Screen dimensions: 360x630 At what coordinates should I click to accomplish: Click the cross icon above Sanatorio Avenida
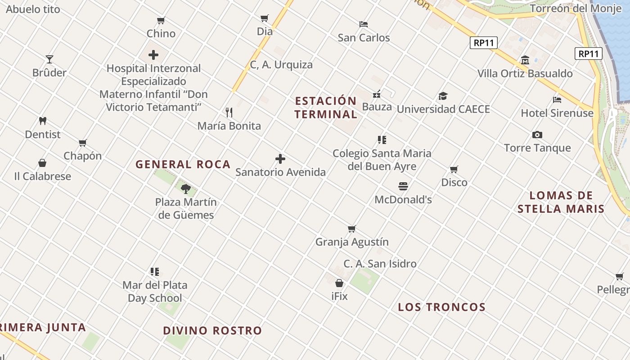[x=280, y=159]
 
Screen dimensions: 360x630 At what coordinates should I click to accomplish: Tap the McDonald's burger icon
[x=403, y=186]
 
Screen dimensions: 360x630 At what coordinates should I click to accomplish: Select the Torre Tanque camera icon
[x=537, y=135]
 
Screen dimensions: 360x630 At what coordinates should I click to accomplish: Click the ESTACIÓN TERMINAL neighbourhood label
[x=326, y=107]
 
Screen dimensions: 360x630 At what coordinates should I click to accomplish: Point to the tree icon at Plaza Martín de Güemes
[x=185, y=189]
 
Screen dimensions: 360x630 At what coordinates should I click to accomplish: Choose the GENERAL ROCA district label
[x=183, y=164]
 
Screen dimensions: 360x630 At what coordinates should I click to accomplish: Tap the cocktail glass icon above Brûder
[x=49, y=59]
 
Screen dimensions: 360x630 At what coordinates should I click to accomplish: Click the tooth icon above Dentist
[x=43, y=121]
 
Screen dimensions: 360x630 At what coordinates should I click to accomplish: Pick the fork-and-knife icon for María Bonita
[x=229, y=112]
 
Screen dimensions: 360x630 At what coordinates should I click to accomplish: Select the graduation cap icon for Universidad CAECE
[x=443, y=96]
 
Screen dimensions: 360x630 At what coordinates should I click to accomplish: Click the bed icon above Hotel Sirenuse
[x=557, y=99]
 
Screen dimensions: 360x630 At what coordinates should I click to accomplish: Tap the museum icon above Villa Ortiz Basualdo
[x=525, y=60]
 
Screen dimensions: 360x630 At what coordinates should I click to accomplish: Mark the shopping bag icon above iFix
[x=339, y=283]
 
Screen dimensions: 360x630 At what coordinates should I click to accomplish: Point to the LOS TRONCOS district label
[x=441, y=307]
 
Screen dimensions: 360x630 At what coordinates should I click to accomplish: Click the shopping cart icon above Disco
[x=454, y=169]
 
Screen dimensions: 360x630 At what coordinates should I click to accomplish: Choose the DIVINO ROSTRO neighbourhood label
[x=212, y=331]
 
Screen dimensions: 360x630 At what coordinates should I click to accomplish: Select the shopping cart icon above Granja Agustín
[x=352, y=229]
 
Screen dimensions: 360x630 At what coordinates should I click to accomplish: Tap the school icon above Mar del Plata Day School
[x=155, y=271]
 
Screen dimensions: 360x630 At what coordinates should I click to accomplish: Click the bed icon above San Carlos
[x=364, y=24]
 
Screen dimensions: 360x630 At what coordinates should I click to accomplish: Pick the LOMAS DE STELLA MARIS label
[x=561, y=202]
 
